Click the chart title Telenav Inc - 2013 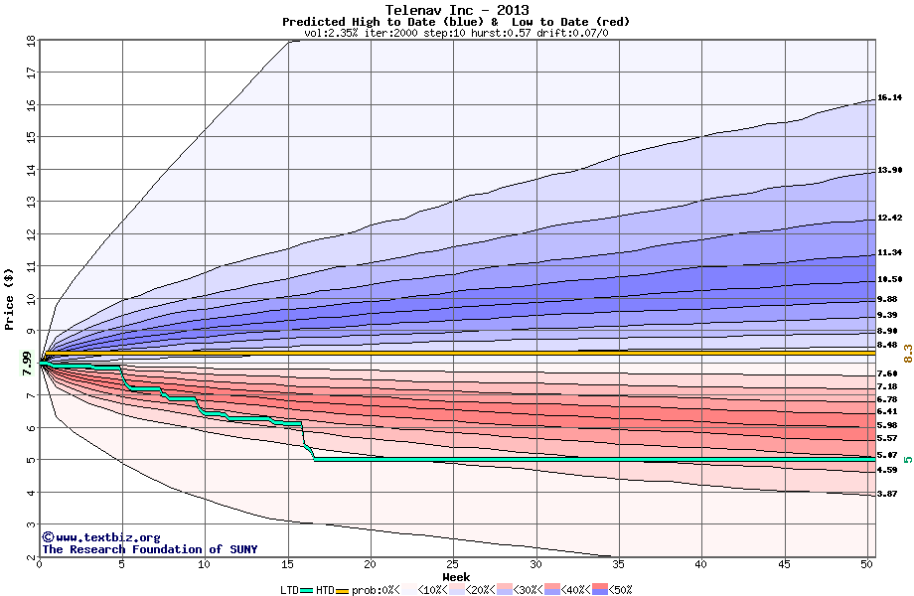tap(456, 10)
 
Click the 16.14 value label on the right tap(889, 97)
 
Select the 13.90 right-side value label tap(889, 171)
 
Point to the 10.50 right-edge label tap(889, 279)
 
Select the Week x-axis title tap(456, 576)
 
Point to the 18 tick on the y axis tap(30, 42)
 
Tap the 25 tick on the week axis tap(453, 563)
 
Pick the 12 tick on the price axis tap(30, 234)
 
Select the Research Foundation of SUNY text tap(145, 549)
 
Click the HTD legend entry tap(326, 589)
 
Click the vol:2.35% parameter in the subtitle tap(331, 33)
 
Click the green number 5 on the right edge tap(908, 459)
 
